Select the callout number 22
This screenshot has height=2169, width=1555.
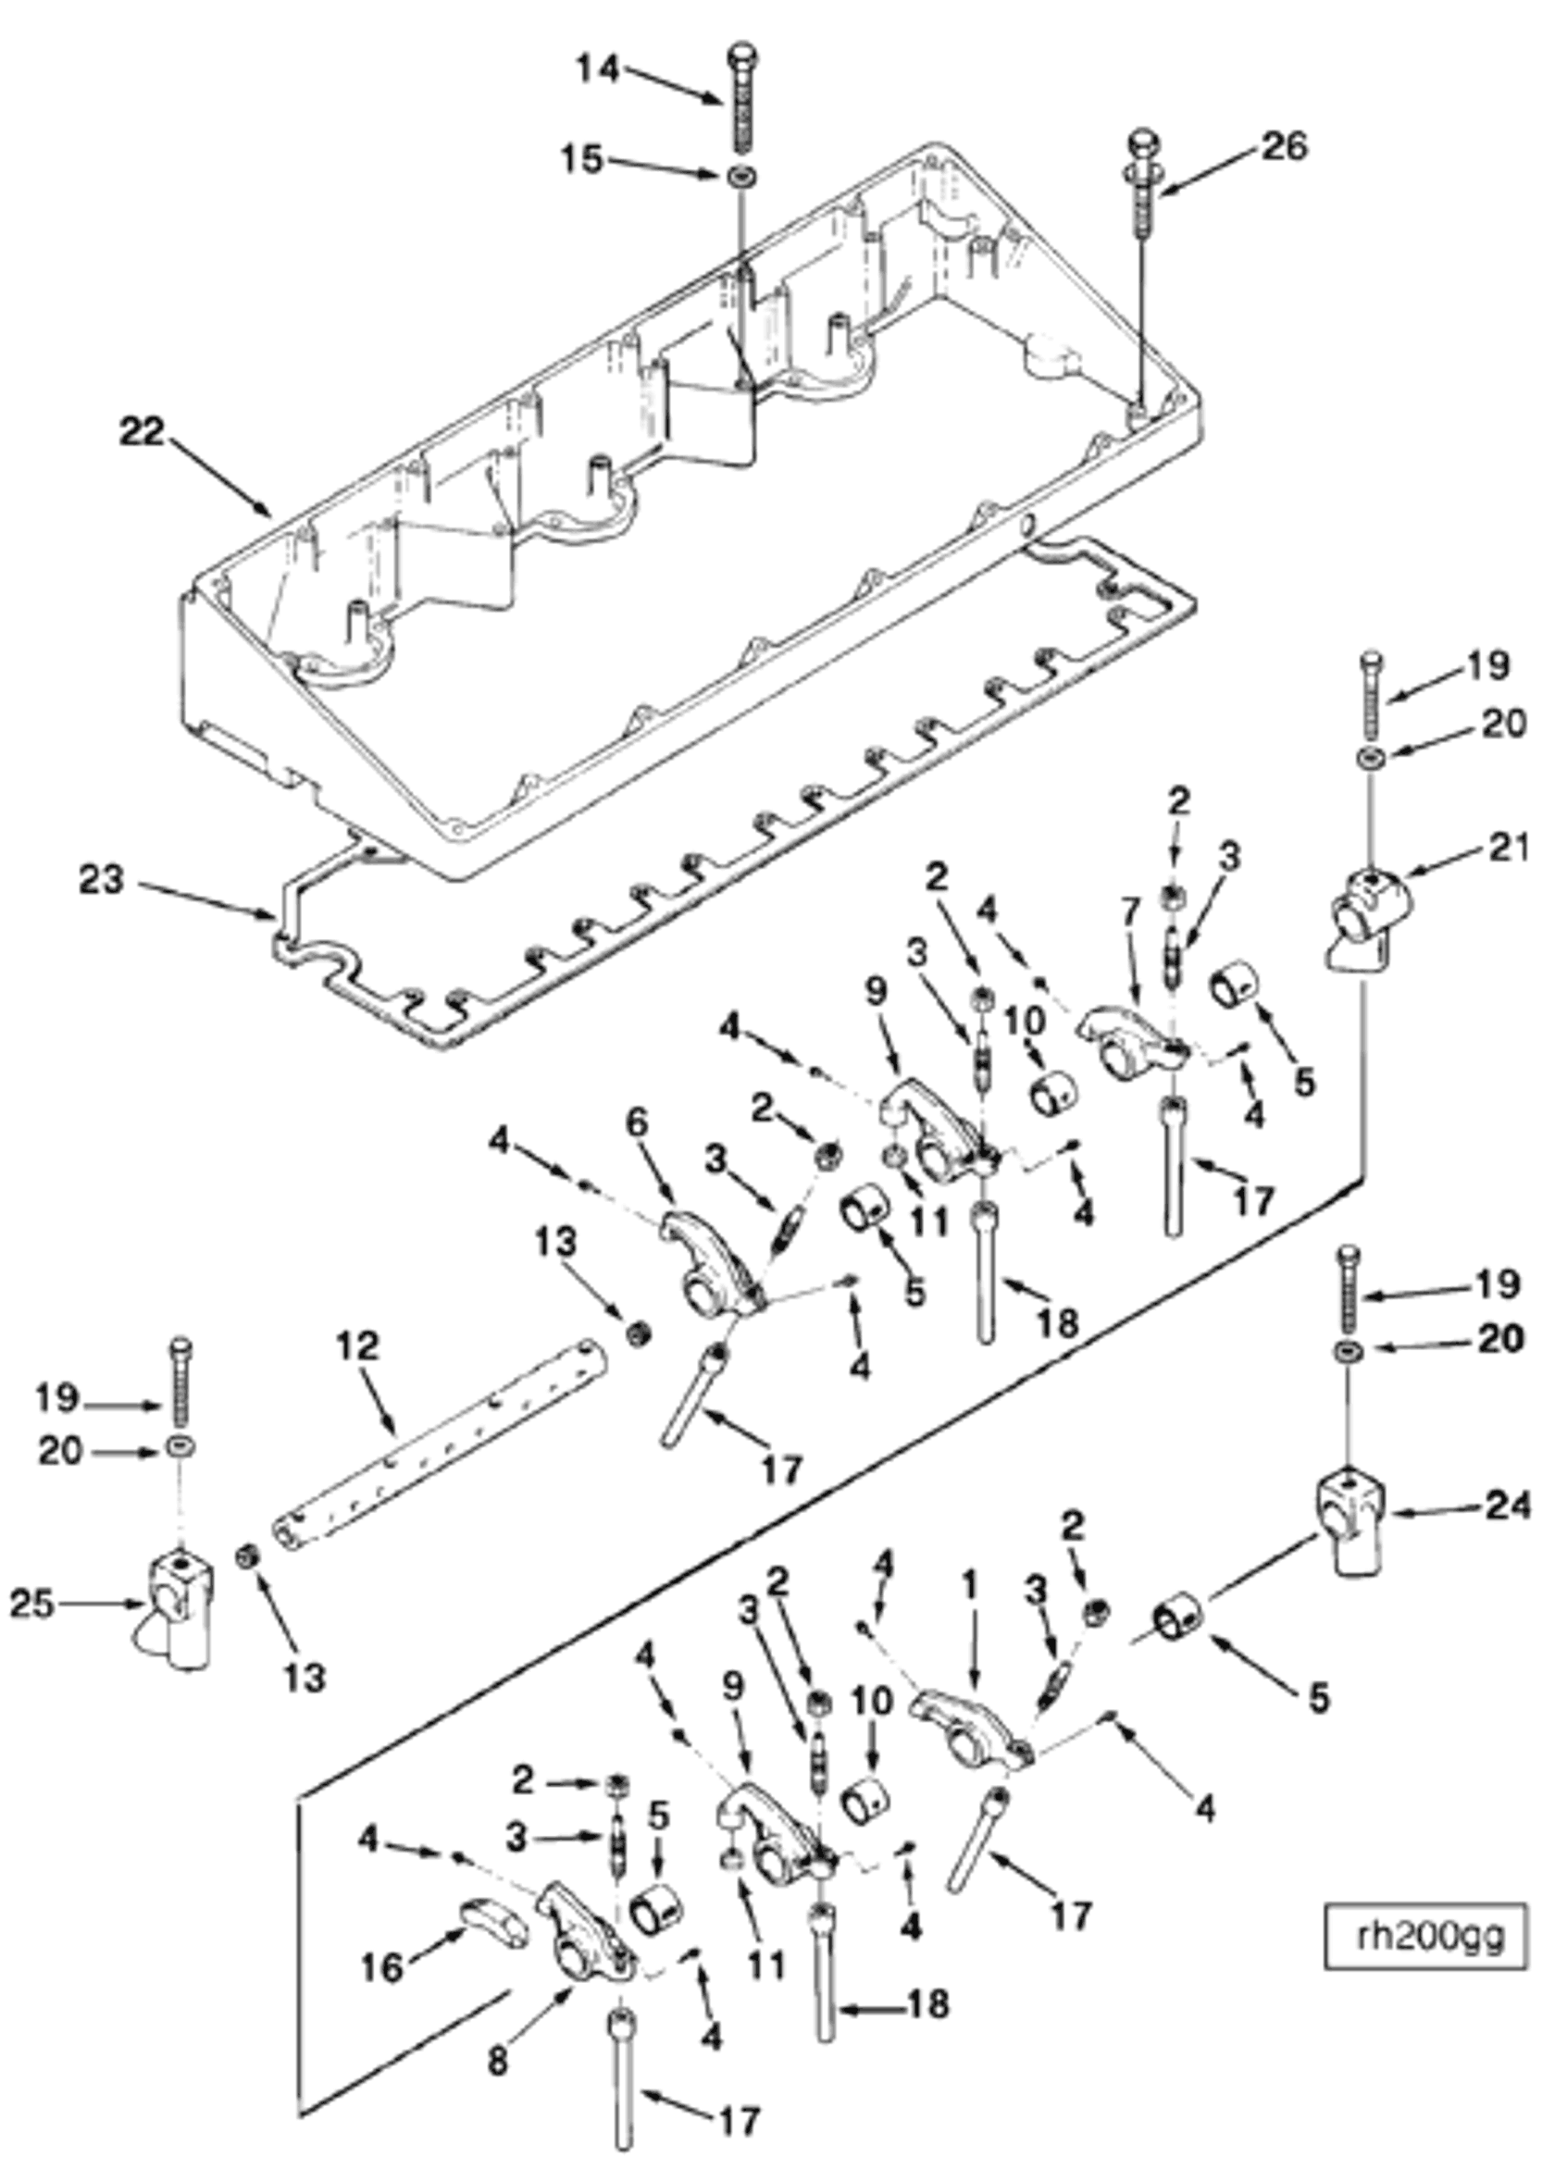point(143,432)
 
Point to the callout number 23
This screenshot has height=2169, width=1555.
point(103,880)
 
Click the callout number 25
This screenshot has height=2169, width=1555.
point(31,1603)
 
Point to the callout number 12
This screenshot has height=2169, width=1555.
point(357,1345)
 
